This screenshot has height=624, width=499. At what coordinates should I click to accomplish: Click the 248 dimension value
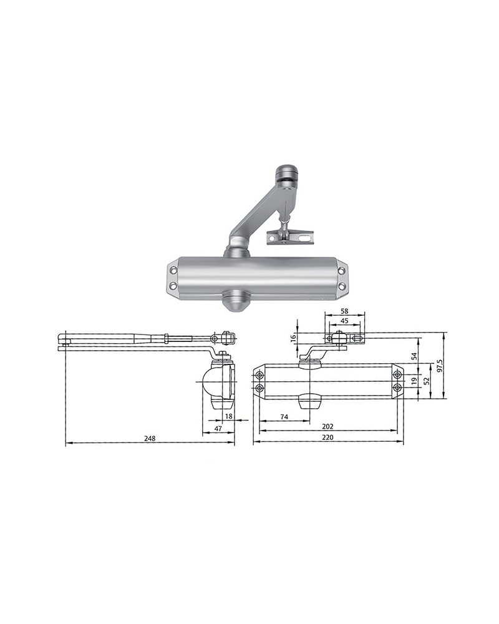149,439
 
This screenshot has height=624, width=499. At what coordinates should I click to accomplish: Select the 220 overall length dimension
328,438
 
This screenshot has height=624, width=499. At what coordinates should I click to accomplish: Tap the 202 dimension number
328,426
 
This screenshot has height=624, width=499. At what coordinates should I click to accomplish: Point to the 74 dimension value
284,416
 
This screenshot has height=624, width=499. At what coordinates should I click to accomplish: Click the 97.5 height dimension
440,363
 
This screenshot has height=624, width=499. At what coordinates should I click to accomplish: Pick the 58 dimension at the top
344,311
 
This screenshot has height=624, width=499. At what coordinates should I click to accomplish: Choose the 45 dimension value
344,322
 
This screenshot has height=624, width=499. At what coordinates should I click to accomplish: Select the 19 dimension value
414,380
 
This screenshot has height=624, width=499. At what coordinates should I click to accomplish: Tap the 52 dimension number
427,380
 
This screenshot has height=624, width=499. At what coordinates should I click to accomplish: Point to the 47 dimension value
218,429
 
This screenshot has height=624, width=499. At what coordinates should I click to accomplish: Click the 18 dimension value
228,416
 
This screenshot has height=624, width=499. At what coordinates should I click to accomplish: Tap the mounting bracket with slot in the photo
291,238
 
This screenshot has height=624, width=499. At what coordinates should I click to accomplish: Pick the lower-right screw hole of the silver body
341,285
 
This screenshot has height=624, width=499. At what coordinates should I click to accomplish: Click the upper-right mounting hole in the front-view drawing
397,375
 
